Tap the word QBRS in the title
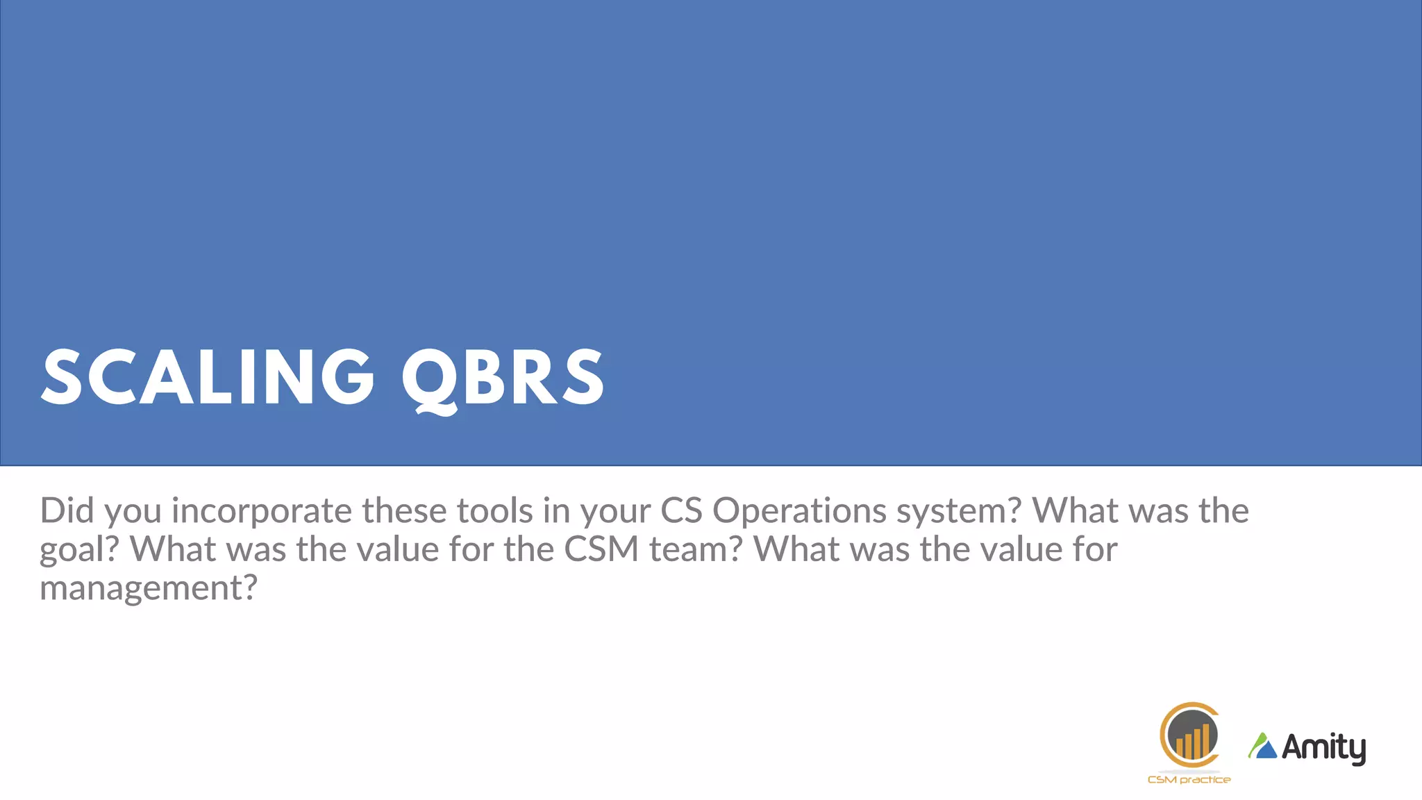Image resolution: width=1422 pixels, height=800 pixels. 503,378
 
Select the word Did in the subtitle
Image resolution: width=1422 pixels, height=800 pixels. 67,510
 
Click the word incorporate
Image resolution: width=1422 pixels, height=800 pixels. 262,512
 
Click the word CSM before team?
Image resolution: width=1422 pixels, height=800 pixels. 601,549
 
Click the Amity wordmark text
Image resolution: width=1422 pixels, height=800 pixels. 1323,748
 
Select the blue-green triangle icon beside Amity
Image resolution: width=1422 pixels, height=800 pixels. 1263,747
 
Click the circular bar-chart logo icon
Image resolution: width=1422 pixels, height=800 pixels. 1189,736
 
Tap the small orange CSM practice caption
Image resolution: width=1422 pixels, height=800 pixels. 1189,780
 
